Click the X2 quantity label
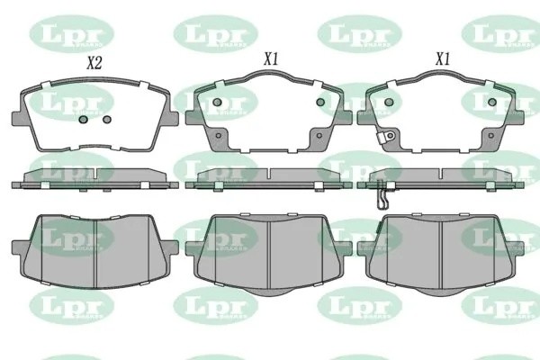coord(94,64)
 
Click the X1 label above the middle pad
coord(269,58)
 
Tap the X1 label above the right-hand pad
coord(442,58)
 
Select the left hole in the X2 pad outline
coord(83,119)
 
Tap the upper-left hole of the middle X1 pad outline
coord(217,102)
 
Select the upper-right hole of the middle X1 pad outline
coord(319,102)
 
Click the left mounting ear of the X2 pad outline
coord(19,117)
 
